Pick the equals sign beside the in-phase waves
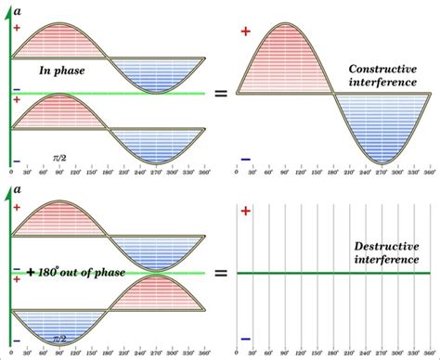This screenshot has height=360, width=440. (x=220, y=94)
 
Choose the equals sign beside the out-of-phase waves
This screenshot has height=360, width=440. (x=220, y=274)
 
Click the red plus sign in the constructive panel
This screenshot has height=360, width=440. (x=245, y=32)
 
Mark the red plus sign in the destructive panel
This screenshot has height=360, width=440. (x=245, y=212)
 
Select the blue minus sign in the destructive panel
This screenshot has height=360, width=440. (x=245, y=339)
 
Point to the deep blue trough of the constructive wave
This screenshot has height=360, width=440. (x=382, y=130)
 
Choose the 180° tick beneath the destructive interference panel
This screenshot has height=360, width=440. (x=333, y=354)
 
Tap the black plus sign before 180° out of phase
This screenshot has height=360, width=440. (x=32, y=273)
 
